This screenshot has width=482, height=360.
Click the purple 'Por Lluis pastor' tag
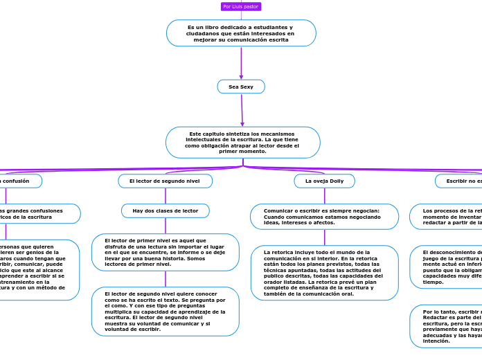tap(241, 7)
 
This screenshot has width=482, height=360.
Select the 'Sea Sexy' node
tap(241, 87)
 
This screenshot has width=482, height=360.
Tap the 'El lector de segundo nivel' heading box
tap(165, 181)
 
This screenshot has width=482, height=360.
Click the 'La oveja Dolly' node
tap(324, 181)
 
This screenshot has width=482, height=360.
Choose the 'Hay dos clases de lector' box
tap(166, 210)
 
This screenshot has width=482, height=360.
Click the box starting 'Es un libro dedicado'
tap(241, 33)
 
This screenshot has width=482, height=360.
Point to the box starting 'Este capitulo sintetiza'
tap(242, 143)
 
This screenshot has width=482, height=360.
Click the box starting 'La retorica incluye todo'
tap(324, 273)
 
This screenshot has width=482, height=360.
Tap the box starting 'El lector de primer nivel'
tap(166, 252)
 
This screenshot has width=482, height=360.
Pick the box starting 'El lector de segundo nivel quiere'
tap(166, 311)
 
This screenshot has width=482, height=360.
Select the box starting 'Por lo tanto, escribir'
tap(447, 326)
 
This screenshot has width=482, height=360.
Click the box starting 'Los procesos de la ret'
tap(447, 216)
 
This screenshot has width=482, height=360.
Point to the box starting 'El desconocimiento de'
tap(447, 267)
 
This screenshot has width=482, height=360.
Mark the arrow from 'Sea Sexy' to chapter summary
tap(242, 110)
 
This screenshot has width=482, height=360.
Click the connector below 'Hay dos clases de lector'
tap(166, 226)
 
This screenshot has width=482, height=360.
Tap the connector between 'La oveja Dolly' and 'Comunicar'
tap(324, 196)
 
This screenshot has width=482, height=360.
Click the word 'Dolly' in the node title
tap(336, 181)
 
